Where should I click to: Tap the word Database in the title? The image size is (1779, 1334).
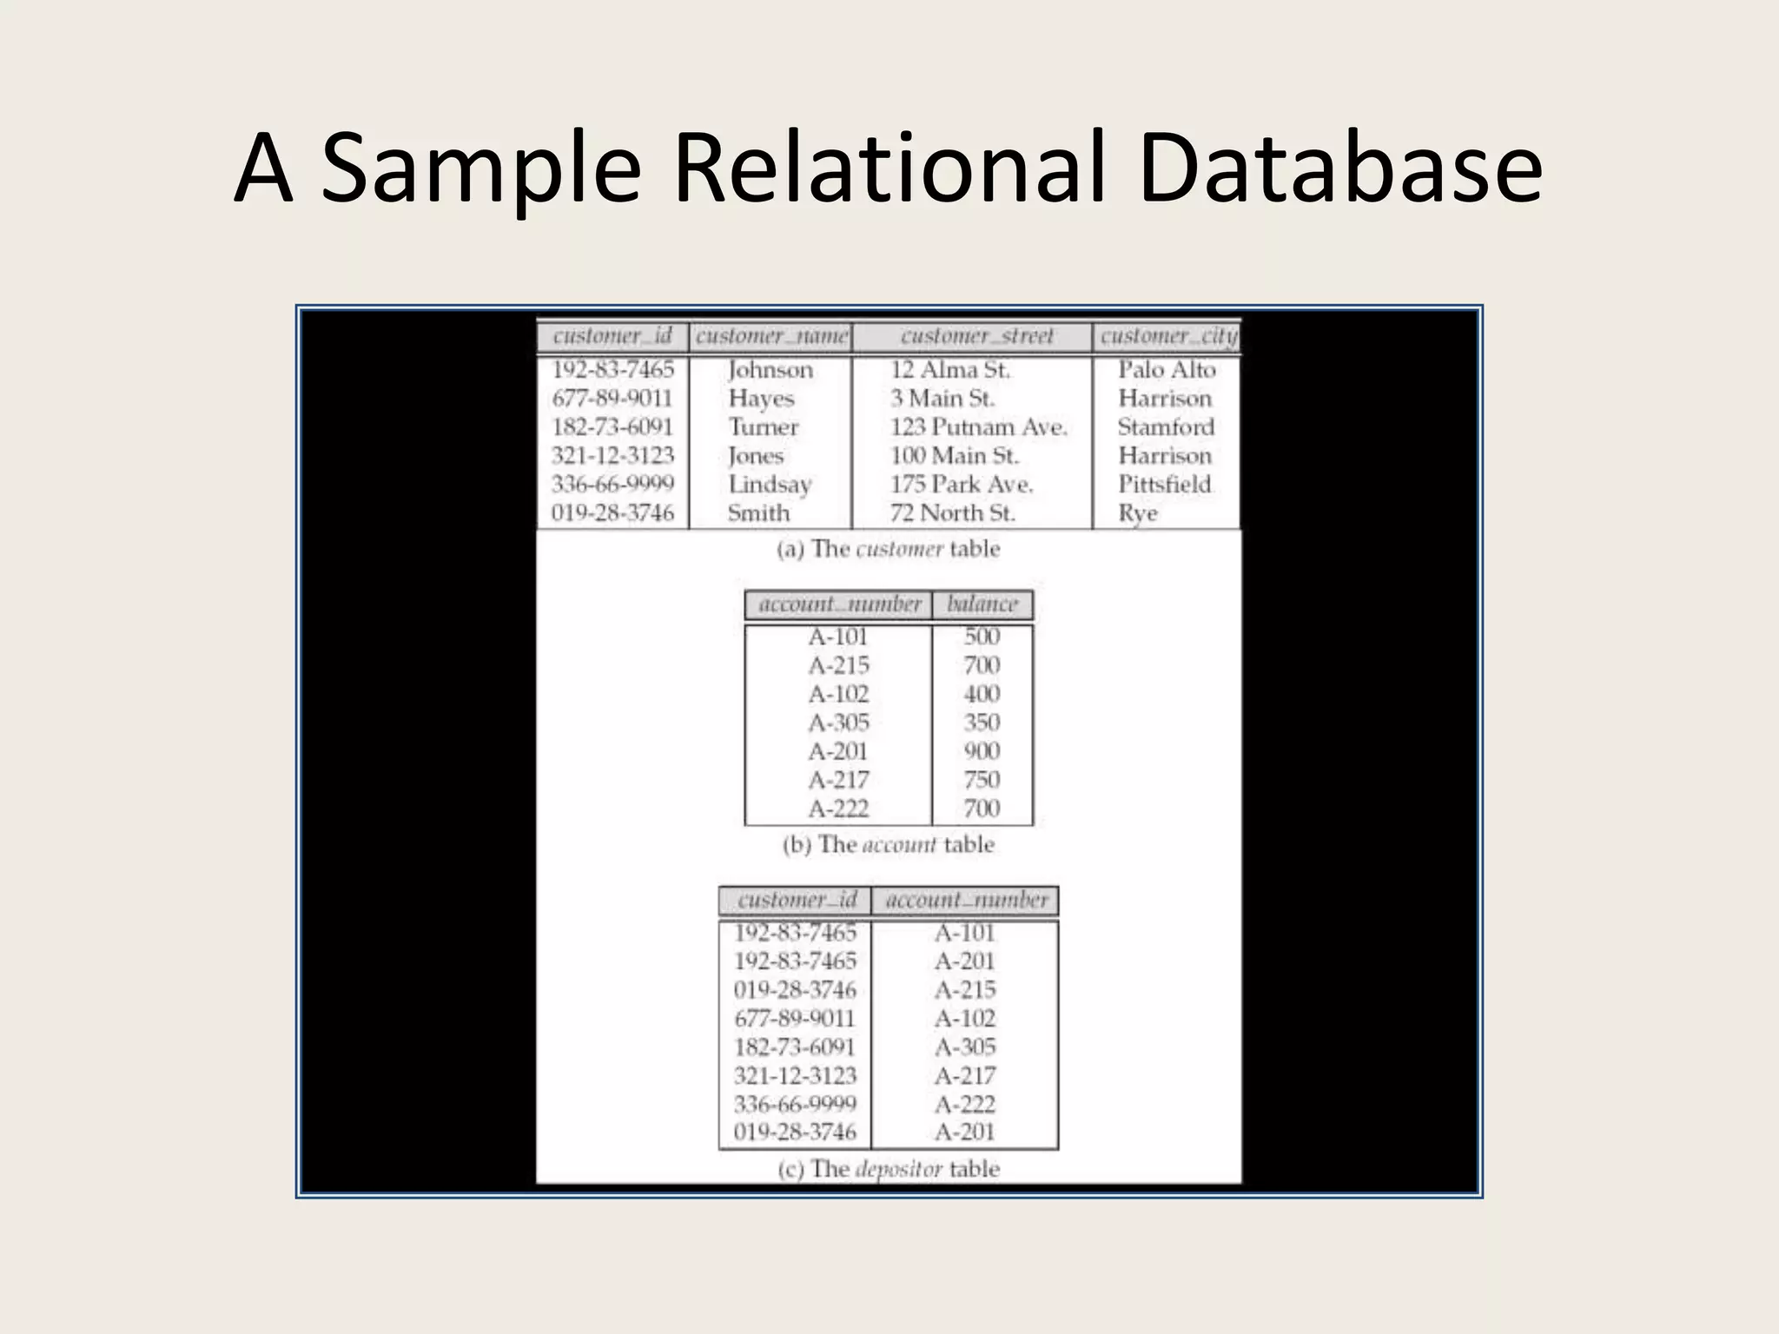pyautogui.click(x=1339, y=168)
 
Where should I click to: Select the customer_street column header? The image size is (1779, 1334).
pyautogui.click(x=975, y=336)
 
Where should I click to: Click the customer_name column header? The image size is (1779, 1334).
pyautogui.click(x=770, y=336)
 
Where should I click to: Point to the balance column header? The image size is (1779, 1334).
pyautogui.click(x=982, y=604)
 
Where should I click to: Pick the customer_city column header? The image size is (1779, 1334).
pyautogui.click(x=1167, y=336)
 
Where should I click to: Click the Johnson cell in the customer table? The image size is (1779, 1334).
pyautogui.click(x=770, y=370)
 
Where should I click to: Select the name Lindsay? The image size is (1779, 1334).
pyautogui.click(x=770, y=485)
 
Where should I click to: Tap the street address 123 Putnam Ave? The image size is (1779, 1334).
pyautogui.click(x=978, y=427)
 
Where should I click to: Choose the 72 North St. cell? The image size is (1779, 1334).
pyautogui.click(x=952, y=513)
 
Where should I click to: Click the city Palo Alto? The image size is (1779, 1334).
pyautogui.click(x=1166, y=370)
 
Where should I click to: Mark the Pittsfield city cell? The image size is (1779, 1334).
pyautogui.click(x=1164, y=485)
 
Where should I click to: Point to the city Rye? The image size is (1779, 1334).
pyautogui.click(x=1138, y=513)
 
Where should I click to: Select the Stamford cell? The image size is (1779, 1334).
pyautogui.click(x=1166, y=427)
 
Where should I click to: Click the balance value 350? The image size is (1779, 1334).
pyautogui.click(x=982, y=723)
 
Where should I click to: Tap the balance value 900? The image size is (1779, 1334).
pyautogui.click(x=982, y=751)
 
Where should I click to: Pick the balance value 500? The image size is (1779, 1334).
pyautogui.click(x=982, y=637)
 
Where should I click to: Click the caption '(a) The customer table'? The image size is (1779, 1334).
pyautogui.click(x=888, y=549)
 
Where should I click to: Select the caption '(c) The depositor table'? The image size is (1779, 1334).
pyautogui.click(x=888, y=1169)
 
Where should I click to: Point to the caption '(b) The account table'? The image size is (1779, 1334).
pyautogui.click(x=888, y=844)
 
